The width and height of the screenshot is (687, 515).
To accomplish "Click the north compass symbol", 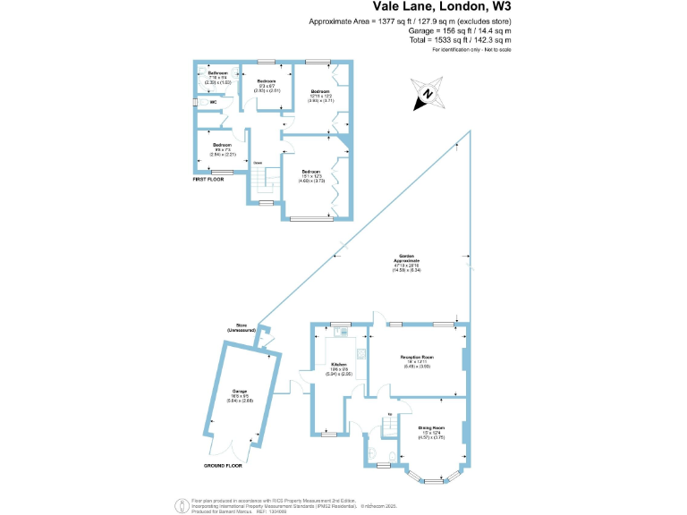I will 427,94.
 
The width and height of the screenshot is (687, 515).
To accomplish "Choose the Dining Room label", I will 432,430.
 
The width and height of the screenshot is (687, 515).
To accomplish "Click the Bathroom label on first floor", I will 218,74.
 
